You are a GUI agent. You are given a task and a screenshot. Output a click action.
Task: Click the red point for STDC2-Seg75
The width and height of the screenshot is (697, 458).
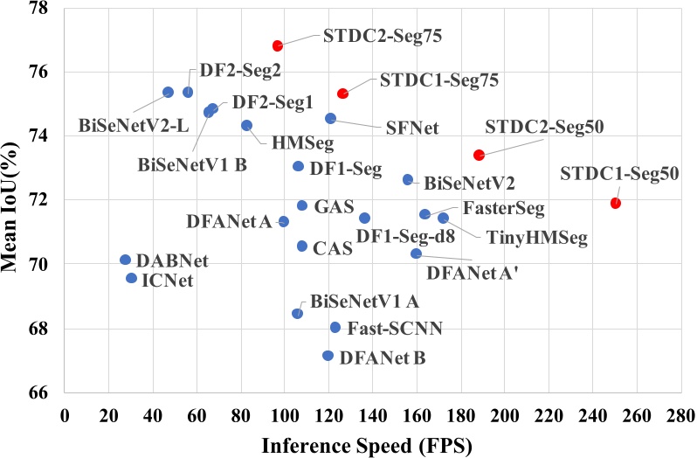278,45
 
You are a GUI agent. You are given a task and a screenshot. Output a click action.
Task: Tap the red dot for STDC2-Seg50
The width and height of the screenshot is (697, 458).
479,155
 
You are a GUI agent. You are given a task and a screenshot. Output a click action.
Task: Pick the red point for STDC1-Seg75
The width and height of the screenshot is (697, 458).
343,94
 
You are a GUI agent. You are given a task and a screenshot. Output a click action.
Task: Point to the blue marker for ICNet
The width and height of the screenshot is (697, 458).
131,278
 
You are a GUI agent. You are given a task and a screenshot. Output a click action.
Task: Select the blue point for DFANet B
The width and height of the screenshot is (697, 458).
328,356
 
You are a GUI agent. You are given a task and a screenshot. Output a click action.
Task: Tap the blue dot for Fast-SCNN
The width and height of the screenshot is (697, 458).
335,328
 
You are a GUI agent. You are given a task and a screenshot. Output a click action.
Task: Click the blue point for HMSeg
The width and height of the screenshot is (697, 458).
246,125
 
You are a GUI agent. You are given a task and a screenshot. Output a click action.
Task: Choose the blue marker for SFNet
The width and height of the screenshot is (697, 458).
330,118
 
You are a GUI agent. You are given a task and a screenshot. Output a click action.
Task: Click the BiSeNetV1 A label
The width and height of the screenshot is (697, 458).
364,302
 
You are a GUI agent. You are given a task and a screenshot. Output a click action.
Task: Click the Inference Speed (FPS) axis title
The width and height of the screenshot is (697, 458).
367,444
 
